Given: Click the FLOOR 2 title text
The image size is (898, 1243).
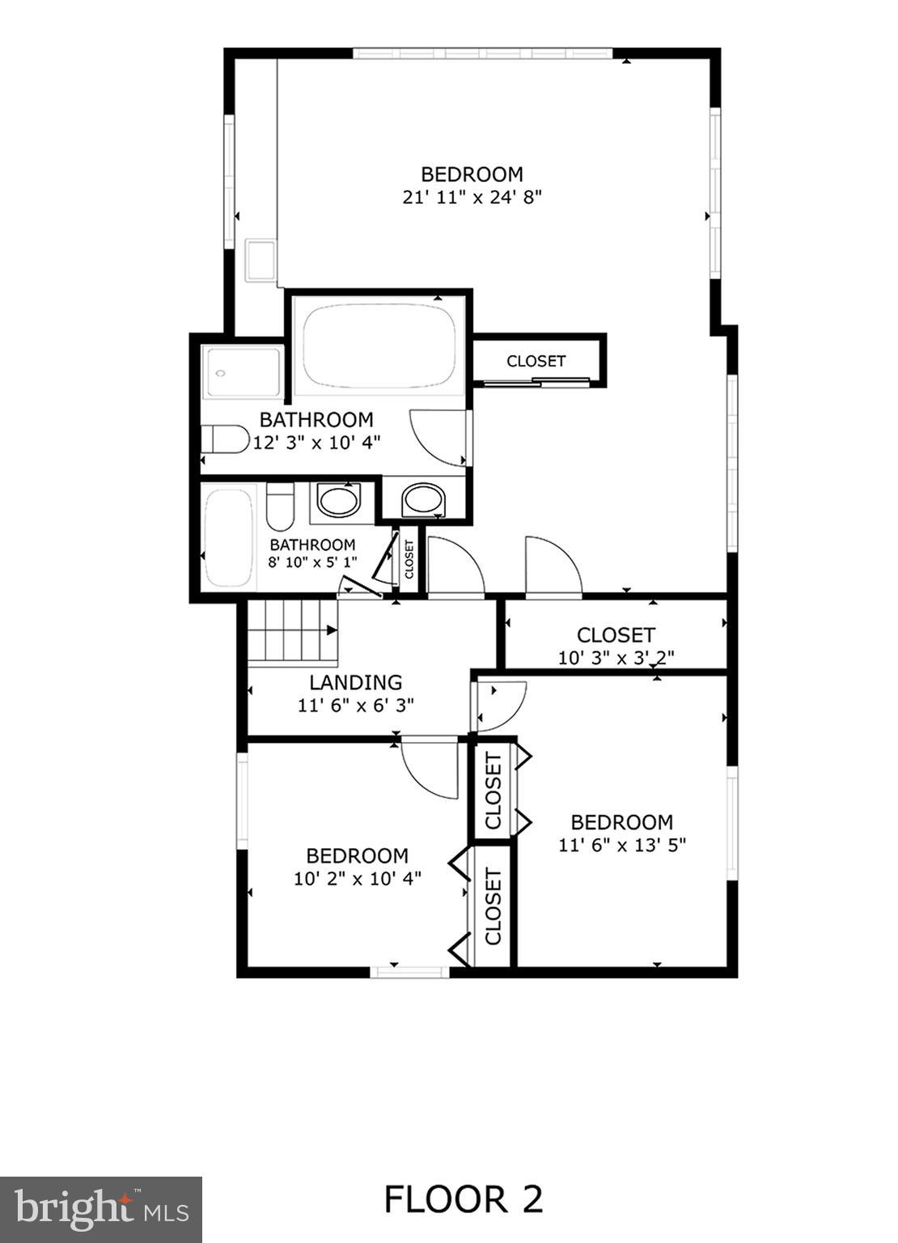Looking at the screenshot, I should tap(463, 1198).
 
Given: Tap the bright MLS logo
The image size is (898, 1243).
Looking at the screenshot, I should tap(101, 1210).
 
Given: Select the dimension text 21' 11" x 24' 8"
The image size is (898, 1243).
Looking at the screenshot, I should tap(472, 197).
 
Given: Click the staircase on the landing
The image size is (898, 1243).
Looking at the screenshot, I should tap(291, 631).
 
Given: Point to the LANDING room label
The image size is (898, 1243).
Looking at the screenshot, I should tap(355, 682).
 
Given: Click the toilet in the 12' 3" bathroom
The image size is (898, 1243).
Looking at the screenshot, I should tap(225, 439).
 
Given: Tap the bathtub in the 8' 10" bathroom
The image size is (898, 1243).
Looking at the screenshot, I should tap(229, 538).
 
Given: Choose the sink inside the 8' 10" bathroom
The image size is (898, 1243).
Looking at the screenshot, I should tap(338, 501).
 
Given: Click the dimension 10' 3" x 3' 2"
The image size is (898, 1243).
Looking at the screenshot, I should tap(616, 657).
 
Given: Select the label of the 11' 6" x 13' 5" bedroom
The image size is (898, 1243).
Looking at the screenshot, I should tap(621, 822).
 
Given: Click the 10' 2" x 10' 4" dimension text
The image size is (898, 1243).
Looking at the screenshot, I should tap(357, 878).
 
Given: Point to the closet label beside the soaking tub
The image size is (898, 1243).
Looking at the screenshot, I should tap(536, 361).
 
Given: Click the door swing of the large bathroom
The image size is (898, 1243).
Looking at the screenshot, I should tap(438, 437).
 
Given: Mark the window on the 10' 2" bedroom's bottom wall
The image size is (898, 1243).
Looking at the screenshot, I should tap(410, 970).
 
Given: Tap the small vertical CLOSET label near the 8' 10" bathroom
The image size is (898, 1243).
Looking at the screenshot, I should tap(409, 558).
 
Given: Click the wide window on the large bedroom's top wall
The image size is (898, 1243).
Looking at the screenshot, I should tap(482, 54).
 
